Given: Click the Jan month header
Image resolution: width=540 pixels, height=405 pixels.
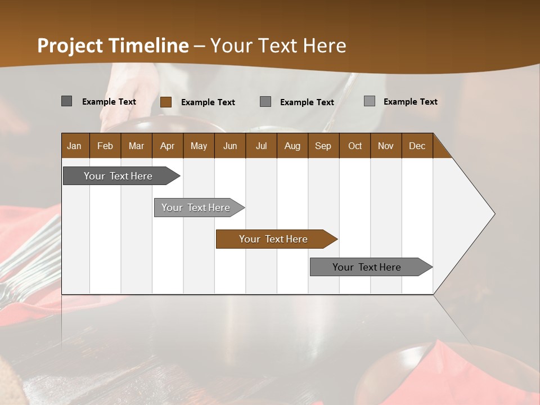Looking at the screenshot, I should click(74, 146).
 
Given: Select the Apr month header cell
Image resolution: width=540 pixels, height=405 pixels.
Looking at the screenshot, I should click(167, 146).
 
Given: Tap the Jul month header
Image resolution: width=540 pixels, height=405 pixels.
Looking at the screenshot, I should click(261, 146).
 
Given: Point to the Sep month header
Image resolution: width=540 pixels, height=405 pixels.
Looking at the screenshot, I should click(323, 146).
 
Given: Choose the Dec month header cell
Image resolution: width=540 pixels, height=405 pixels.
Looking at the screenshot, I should click(417, 146).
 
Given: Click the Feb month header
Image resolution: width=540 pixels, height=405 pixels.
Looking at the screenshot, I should click(105, 146).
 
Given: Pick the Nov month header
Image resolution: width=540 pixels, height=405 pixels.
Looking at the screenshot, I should click(385, 146).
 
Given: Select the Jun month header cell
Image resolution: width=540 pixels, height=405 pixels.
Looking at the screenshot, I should click(230, 146).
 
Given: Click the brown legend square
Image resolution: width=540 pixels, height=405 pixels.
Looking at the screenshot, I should click(165, 102).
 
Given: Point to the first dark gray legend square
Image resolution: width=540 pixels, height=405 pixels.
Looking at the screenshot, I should click(66, 101).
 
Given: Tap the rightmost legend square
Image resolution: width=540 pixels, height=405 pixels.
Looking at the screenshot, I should click(369, 101).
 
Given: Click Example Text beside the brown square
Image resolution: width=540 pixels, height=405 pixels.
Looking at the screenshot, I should click(208, 102).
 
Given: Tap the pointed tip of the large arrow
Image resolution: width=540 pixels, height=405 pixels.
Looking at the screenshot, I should click(493, 214).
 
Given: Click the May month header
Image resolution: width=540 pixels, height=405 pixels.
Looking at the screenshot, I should click(199, 146).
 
